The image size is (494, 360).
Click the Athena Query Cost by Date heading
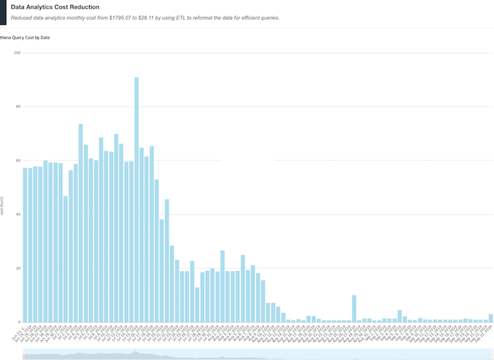point(25,37)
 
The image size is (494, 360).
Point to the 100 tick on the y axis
point(17,53)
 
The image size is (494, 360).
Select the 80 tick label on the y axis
point(18,107)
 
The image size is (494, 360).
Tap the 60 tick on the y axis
point(18,160)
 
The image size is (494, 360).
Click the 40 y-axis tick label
point(18,215)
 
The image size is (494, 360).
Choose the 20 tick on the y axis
point(18,268)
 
